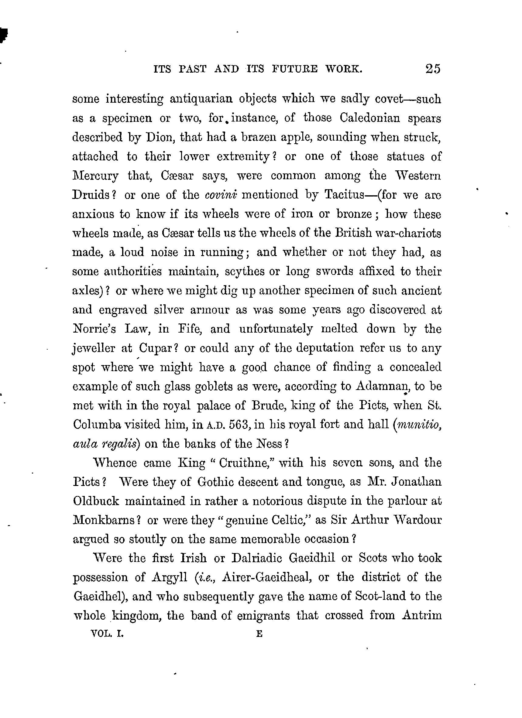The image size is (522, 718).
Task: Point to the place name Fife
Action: (190, 329)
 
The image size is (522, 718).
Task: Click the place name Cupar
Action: (155, 348)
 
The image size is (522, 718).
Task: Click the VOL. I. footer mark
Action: (107, 634)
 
